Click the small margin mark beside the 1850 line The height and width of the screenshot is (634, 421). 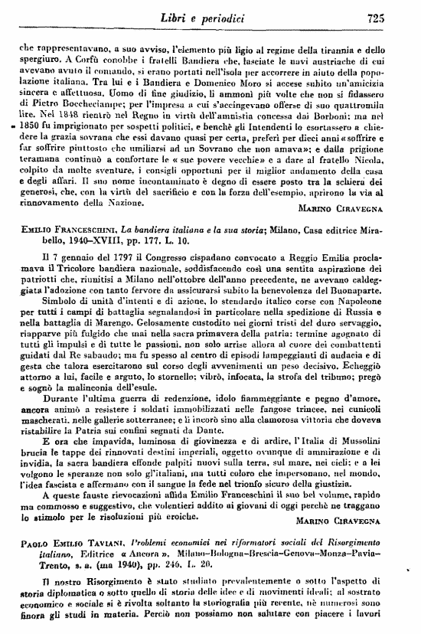[x=14, y=129]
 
